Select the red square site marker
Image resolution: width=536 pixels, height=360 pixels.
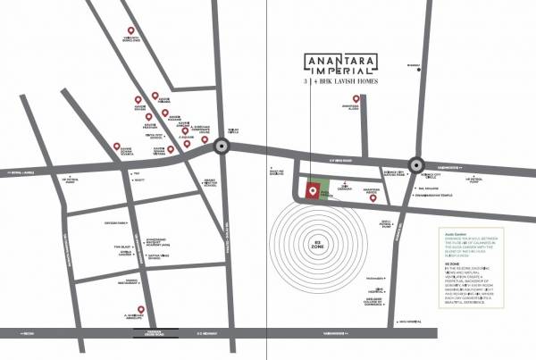312,190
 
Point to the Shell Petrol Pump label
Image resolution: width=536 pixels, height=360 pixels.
387,225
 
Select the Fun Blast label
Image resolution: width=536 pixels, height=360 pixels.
121,247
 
